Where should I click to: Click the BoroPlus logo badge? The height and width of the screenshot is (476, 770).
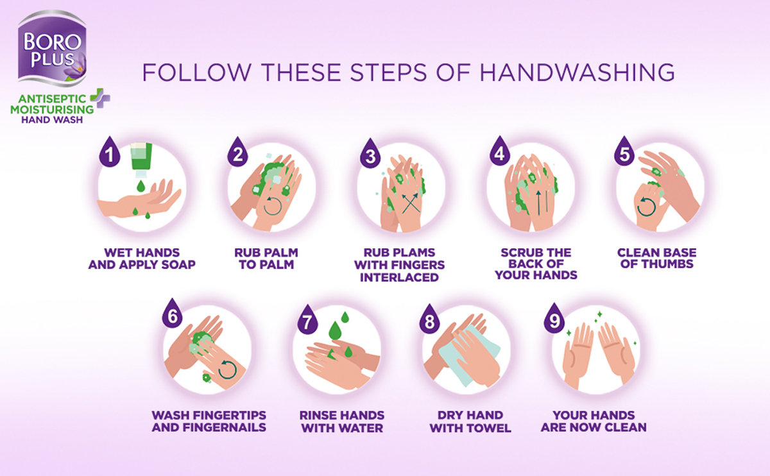click(x=52, y=48)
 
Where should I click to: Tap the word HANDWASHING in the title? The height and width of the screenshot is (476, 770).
click(x=577, y=72)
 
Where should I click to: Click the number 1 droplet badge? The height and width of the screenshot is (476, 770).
click(x=110, y=151)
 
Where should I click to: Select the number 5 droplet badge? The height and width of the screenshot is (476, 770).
click(x=624, y=151)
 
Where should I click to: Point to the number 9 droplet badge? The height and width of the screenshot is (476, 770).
click(x=554, y=318)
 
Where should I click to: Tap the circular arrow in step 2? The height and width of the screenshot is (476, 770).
click(x=273, y=205)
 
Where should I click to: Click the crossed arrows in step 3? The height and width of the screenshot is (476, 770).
click(x=411, y=203)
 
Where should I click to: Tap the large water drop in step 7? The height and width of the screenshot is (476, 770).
click(x=335, y=330)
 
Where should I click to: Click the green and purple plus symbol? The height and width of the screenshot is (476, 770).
click(x=100, y=98)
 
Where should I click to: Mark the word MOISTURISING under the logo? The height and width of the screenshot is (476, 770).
click(x=52, y=110)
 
